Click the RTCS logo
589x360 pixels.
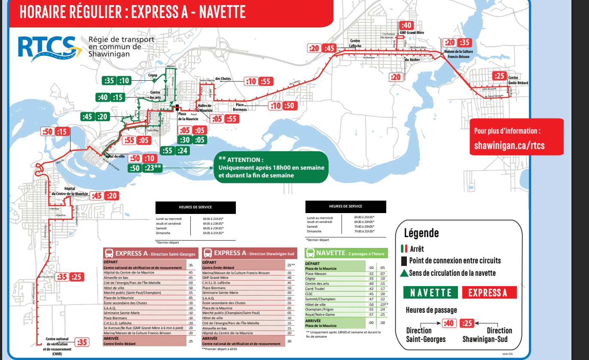point(50,48)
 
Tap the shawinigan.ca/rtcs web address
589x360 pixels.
point(509,145)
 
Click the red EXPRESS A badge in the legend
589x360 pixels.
point(489,293)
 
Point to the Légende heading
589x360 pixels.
point(421,233)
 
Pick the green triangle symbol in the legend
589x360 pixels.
point(403,273)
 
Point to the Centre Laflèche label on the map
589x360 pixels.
point(355,43)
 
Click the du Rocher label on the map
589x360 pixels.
point(412,60)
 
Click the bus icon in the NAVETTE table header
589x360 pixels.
point(310,253)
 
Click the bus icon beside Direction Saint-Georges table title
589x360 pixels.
point(109,253)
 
